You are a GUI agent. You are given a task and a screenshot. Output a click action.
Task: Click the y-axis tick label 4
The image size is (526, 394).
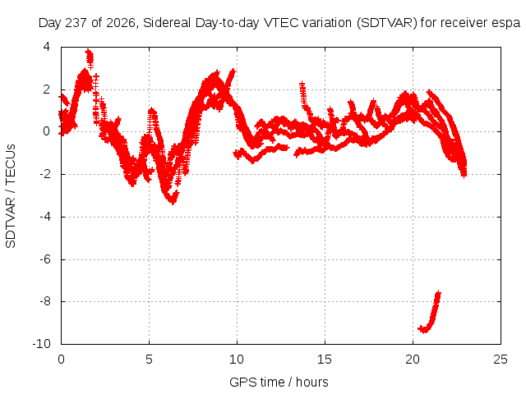pos(46,47)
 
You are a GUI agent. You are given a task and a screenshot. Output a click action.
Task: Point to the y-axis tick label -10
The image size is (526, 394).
pos(41,344)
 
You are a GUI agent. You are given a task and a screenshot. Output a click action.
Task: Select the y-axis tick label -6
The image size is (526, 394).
pos(45,259)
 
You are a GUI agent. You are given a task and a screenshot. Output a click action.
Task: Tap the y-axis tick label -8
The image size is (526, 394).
pos(45,301)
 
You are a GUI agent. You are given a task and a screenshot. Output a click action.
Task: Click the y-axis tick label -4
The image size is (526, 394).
pos(45,217)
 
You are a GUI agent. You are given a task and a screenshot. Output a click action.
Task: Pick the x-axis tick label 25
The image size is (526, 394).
pos(501,360)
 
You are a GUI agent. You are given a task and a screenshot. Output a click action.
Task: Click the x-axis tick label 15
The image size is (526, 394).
pos(325,360)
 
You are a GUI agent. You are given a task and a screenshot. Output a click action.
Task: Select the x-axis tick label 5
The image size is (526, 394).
pos(149,360)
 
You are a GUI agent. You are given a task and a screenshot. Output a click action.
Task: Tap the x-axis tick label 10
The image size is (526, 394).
pos(237,360)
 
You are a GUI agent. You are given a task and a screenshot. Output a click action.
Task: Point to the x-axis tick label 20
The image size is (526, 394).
pos(413,360)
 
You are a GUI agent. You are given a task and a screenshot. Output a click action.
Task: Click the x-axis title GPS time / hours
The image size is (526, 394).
pos(279,382)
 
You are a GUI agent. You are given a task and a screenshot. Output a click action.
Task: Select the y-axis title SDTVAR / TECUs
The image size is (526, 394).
pos(11,196)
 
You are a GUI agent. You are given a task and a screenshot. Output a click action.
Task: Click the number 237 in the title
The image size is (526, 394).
pos(76,23)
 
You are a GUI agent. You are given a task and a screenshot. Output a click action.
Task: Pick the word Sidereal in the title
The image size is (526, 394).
pos(167,23)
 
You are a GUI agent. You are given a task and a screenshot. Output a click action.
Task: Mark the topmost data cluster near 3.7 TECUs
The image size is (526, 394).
pos(90,59)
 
